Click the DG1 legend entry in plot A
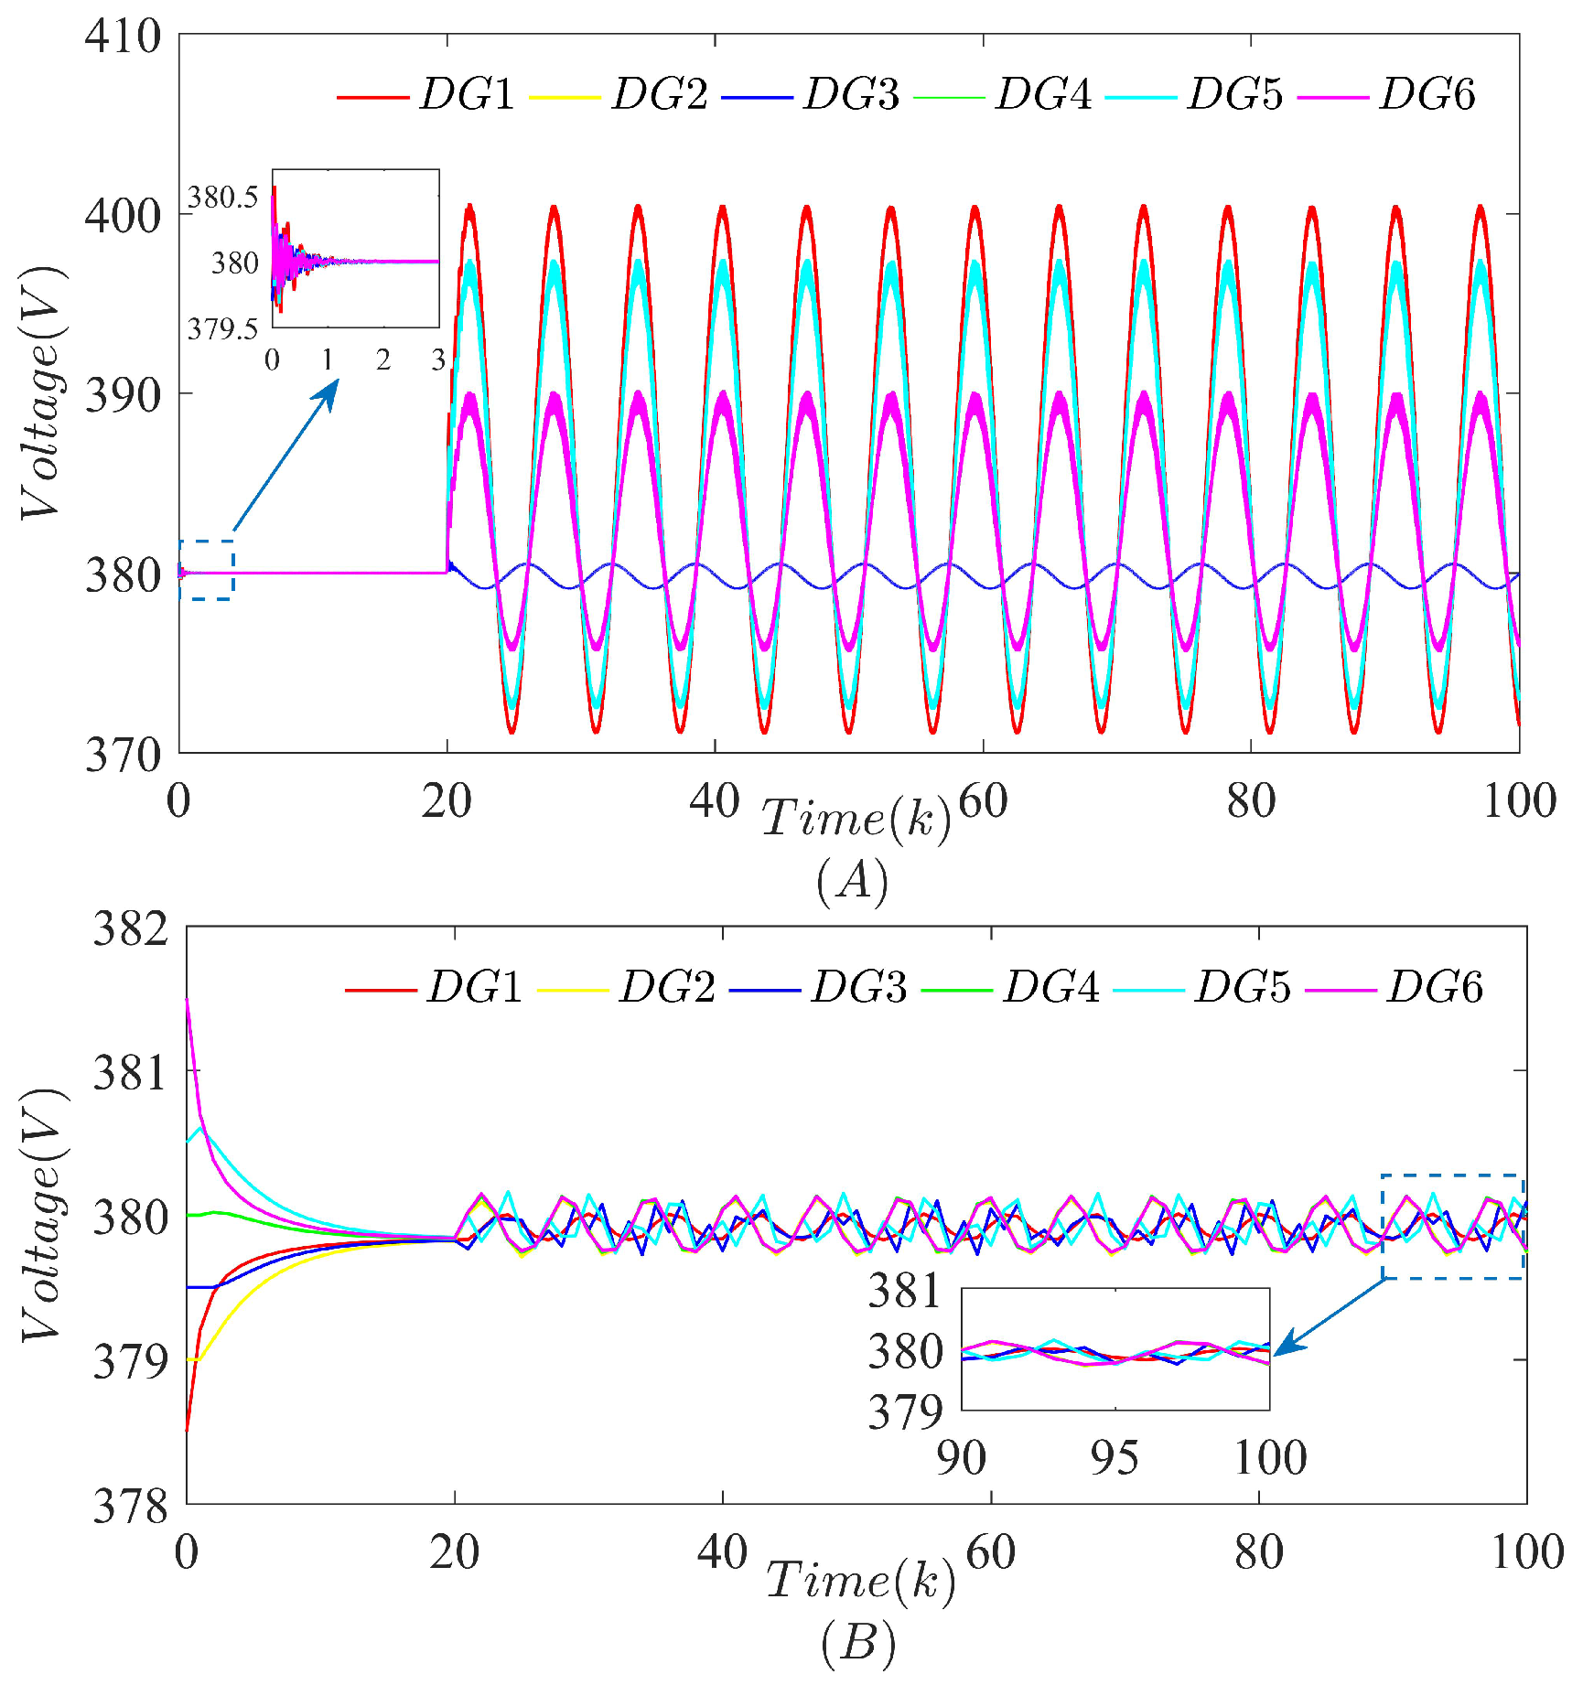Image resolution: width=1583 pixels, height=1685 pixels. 467,94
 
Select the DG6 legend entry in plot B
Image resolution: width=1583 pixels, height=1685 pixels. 1434,987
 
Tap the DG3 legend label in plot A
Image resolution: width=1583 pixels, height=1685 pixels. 851,94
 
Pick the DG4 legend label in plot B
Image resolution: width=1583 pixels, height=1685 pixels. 1050,987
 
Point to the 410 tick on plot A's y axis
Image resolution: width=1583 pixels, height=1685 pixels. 123,37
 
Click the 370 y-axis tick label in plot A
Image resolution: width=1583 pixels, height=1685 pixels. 123,756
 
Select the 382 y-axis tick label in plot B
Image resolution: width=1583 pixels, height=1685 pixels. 131,928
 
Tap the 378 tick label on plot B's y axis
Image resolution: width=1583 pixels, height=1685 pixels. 131,1506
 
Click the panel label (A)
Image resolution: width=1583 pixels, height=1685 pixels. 852,882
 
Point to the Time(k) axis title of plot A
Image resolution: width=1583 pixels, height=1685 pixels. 856,816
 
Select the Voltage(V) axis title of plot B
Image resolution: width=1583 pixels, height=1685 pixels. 41,1217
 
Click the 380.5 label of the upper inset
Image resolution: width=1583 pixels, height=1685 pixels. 222,197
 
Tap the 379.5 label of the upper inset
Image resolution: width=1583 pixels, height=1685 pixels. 222,328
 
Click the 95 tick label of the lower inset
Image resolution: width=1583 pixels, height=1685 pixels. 1115,1458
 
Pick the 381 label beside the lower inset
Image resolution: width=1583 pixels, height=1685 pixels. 904,1291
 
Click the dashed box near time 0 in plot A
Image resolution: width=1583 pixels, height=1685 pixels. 207,570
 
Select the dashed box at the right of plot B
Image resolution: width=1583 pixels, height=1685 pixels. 1452,1226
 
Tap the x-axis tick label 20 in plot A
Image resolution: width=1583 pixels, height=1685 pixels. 447,802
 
